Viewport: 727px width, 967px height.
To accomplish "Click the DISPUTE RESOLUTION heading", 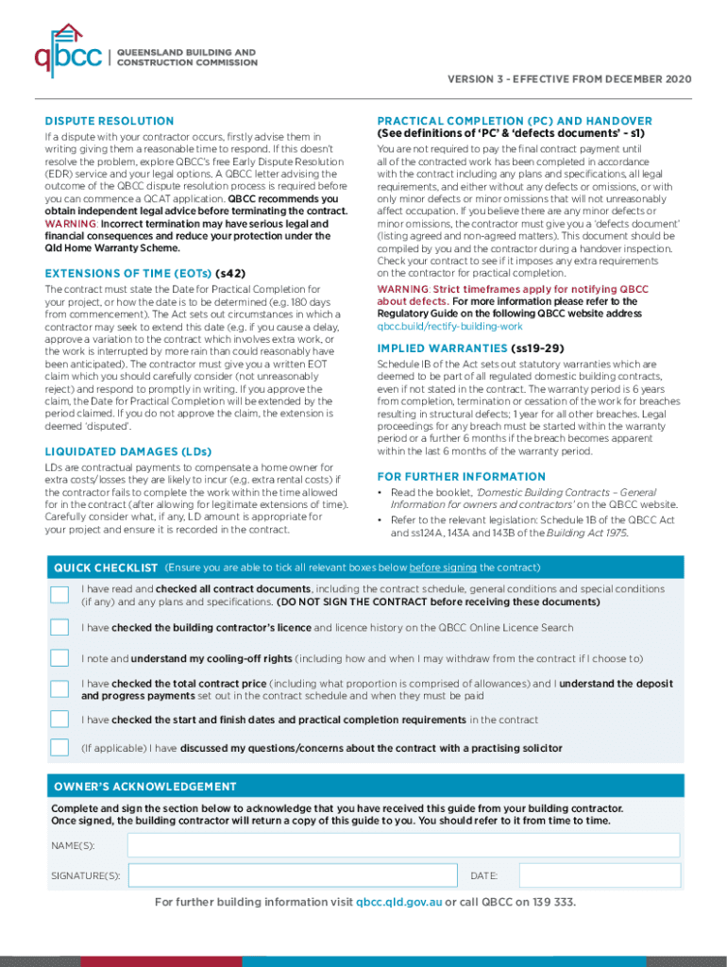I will tap(110, 121).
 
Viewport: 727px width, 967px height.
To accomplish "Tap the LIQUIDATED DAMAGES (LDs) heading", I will tap(128, 451).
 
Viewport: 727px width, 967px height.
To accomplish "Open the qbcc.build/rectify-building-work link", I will tap(449, 326).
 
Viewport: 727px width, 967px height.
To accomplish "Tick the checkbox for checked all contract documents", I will tap(59, 595).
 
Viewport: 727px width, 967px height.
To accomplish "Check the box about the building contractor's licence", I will tap(59, 627).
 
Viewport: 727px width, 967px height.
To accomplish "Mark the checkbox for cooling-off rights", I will tap(59, 658).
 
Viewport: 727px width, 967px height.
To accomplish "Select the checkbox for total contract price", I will tap(59, 689).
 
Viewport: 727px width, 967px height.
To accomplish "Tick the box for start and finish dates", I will tap(59, 720).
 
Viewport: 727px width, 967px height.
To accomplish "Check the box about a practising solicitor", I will tap(59, 748).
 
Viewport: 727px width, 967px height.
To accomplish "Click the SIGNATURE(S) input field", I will tap(293, 875).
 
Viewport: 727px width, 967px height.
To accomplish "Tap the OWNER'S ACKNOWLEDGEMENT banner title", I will tap(145, 787).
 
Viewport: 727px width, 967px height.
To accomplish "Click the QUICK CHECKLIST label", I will tap(106, 568).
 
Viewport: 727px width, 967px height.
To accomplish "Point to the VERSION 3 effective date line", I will tap(570, 78).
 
